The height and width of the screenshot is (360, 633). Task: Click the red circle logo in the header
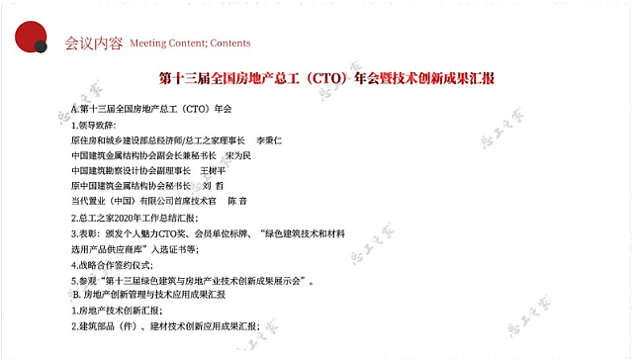pos(28,33)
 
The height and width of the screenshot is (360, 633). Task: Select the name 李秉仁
pos(269,140)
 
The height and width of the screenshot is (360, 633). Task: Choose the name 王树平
pos(215,171)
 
